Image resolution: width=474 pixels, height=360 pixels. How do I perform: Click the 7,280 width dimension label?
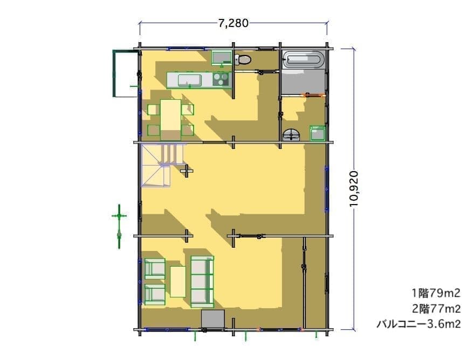pos(233,23)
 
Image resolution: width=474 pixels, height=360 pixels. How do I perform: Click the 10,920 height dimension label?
pos(354,189)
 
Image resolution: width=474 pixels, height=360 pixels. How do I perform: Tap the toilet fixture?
pos(243,59)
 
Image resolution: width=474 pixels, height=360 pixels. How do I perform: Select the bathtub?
pos(304,59)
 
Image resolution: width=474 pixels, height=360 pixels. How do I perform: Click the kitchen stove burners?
pos(221,80)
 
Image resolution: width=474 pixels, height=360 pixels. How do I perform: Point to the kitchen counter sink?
pos(190,80)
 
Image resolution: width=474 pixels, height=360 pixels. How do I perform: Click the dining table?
pos(170,120)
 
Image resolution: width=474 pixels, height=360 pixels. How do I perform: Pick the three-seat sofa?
pos(202,280)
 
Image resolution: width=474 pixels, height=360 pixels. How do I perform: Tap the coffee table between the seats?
pos(178,282)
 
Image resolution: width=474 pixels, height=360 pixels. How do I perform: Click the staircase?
pos(163,165)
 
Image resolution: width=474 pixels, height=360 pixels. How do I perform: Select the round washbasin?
pos(291,134)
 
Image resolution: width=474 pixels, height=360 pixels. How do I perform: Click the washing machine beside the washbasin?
pos(318,133)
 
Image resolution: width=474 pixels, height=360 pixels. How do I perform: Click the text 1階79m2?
pos(436,293)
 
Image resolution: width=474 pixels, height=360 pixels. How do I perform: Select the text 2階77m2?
pos(436,309)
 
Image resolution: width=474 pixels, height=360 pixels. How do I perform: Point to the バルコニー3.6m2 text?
pos(418,324)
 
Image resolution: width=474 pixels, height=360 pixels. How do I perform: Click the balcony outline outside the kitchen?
pos(114,73)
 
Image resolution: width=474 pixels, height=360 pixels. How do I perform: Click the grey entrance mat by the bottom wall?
pos(213,319)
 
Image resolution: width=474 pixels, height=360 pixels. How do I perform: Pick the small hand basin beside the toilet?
pos(222,58)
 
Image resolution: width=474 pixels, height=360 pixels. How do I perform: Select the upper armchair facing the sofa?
pos(155,268)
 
